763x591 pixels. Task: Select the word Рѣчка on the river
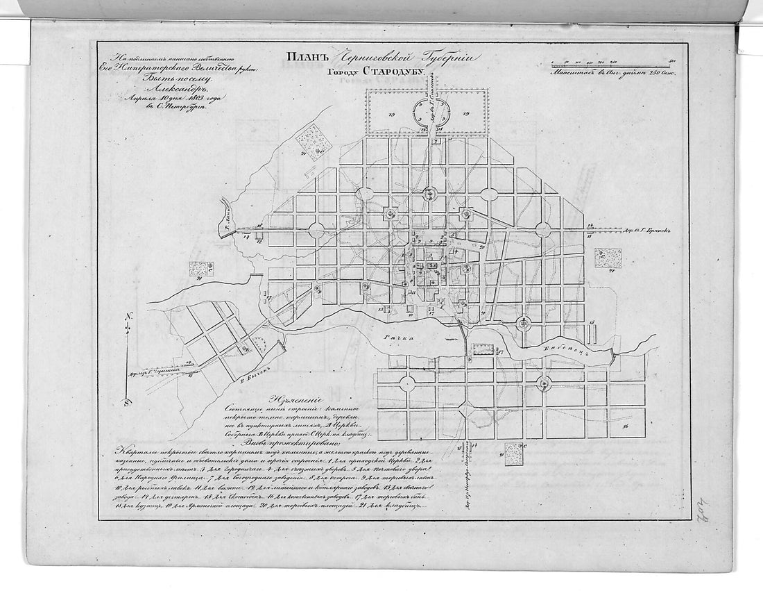[x=400, y=336]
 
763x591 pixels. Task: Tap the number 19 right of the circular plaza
[x=466, y=113]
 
